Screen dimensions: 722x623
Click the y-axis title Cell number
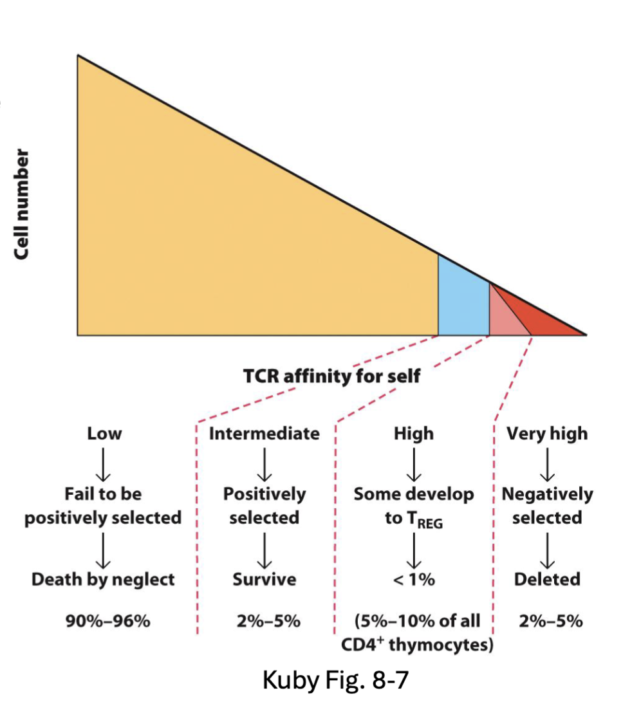(x=23, y=205)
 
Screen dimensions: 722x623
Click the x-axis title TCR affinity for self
(x=331, y=375)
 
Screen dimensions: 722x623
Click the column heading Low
(x=104, y=433)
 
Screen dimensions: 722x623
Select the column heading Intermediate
(x=264, y=433)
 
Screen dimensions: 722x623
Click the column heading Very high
(x=546, y=433)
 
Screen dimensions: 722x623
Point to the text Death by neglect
(x=103, y=579)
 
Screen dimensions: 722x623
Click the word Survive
(x=264, y=579)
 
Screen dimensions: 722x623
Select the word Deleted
(x=546, y=579)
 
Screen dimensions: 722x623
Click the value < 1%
(x=413, y=579)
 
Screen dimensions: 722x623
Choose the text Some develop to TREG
(x=413, y=506)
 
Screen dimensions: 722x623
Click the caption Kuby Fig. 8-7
(x=335, y=680)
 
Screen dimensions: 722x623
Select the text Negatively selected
(x=546, y=506)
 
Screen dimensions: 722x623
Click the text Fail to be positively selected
(x=103, y=506)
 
